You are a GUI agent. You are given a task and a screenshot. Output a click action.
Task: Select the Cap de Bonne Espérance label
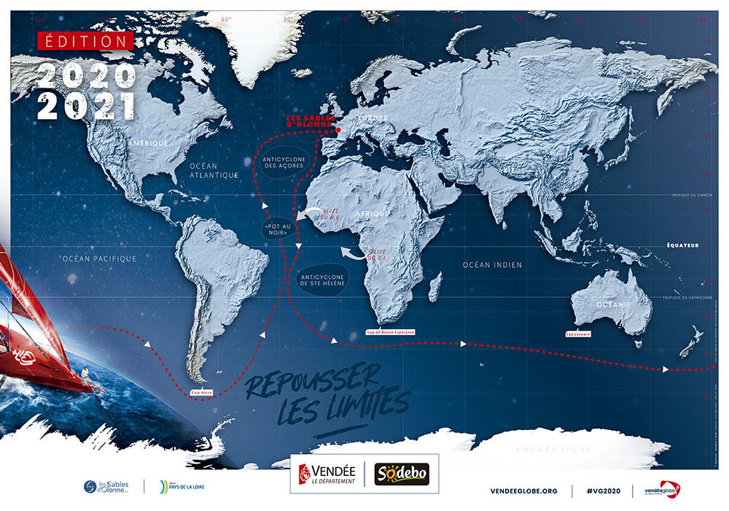390,332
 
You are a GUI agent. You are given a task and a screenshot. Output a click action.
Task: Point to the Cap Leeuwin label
578,334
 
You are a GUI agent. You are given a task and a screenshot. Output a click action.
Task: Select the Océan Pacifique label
100,258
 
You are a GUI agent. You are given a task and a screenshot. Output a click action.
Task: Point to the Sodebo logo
402,474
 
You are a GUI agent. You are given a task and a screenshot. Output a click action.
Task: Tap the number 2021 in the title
87,107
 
